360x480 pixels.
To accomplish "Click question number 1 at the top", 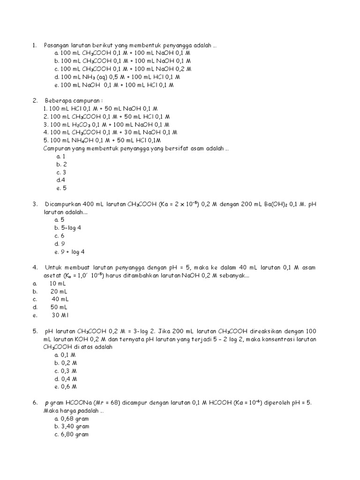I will point(34,45).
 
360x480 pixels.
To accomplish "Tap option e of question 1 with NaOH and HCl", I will point(114,85).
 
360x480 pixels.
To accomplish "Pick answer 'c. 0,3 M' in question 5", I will point(66,371).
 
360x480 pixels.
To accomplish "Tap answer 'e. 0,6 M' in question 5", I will point(66,387).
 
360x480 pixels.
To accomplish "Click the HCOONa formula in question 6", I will point(81,403).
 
